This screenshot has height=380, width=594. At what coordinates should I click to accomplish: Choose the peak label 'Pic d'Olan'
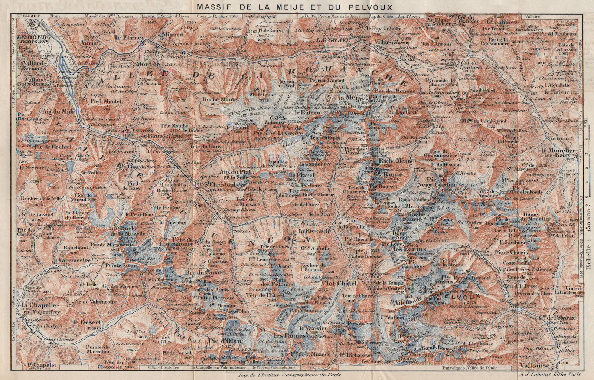[225, 340]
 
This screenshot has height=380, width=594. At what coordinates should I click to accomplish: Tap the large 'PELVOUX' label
[460, 296]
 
